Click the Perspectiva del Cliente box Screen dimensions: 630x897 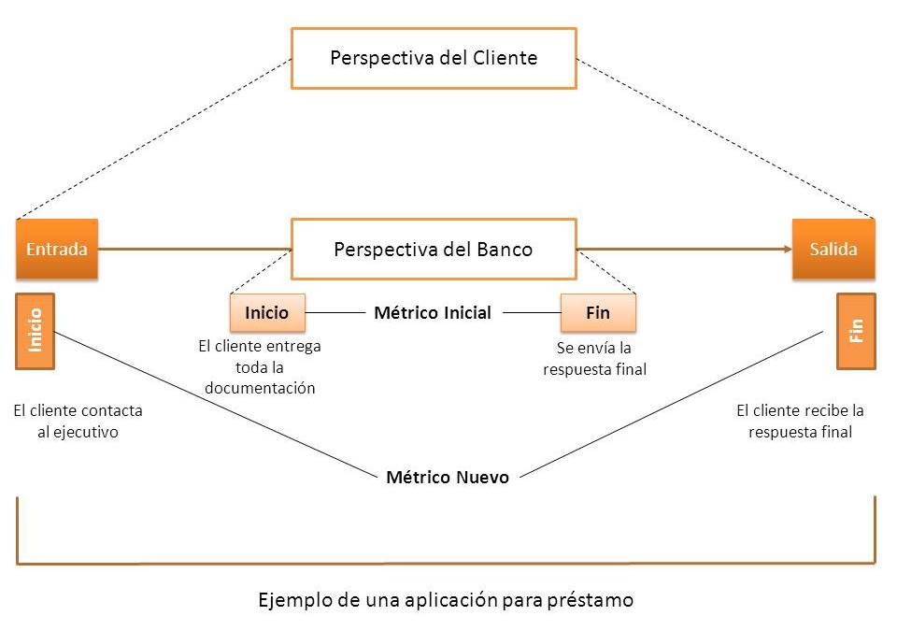434,58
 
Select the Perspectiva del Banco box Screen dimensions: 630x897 434,250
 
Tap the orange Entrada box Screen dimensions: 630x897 57,250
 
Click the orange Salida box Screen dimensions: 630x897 833,250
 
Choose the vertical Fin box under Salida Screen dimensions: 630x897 856,331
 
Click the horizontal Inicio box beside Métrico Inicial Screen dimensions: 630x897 267,313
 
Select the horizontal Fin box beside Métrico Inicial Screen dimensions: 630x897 598,313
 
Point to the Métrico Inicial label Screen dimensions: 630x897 432,313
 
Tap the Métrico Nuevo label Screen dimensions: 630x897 448,478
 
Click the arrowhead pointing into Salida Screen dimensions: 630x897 786,250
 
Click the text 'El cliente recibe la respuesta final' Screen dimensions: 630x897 800,421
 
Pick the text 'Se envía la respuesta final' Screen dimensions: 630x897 595,359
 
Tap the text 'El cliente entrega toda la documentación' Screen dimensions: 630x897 260,366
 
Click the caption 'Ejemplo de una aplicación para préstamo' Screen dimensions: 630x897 446,600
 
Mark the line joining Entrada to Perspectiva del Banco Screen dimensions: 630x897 194,250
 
